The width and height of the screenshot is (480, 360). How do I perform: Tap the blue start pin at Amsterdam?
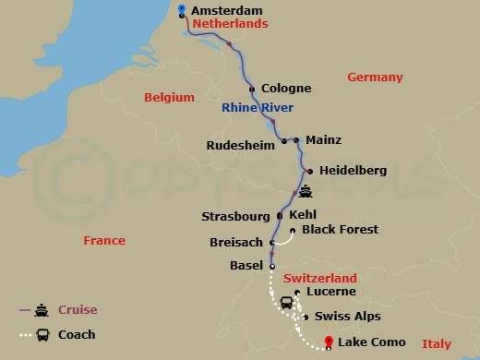pos(182,10)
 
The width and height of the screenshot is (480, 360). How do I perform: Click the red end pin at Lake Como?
pos(329,343)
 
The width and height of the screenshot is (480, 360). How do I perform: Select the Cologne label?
pos(286,90)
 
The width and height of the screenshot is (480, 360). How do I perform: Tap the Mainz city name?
pos(323,140)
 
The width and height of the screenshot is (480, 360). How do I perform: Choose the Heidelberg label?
pos(353,171)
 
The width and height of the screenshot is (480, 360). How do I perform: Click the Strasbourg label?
pos(236,217)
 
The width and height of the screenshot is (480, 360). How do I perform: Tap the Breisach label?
pos(236,243)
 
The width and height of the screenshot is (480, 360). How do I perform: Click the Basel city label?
pos(246,266)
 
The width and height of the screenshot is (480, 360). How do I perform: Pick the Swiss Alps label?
pos(347,316)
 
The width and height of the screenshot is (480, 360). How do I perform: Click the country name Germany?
pos(375,78)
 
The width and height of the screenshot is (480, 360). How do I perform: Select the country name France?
pos(103,240)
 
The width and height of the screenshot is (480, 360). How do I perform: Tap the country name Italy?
pos(437,343)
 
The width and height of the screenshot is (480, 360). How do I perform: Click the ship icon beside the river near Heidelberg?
pos(306,193)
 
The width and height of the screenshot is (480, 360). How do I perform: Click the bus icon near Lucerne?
pos(287,302)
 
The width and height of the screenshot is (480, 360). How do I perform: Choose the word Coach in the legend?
pos(77,335)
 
